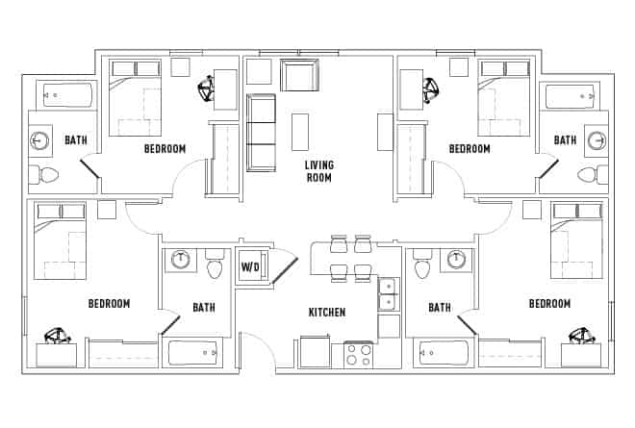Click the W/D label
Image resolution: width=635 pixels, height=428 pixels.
pos(250,266)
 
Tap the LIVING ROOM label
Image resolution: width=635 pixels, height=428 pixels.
pos(318,171)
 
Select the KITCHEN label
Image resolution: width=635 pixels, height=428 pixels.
pos(326,313)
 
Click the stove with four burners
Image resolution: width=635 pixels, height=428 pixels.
pos(359,355)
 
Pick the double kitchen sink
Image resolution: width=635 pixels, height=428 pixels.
pos(387,293)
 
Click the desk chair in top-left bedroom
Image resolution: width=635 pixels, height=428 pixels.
pos(207,90)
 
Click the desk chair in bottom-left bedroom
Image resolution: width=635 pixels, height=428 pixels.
pos(58,336)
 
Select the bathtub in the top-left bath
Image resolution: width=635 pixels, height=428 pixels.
pos(65,95)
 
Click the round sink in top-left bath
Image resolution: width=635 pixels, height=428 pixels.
pos(40,140)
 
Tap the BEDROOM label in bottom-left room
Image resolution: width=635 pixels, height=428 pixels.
pos(109,304)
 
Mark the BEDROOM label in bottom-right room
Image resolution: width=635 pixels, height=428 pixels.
pos(549,304)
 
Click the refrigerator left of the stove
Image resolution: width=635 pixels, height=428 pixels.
pos(315,351)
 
